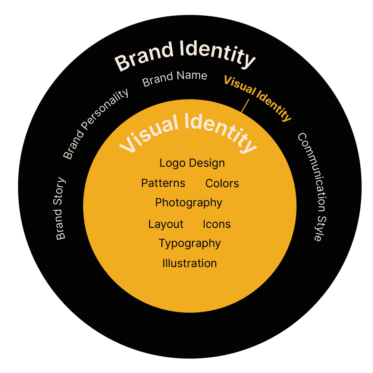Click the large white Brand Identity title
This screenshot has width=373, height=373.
point(185,55)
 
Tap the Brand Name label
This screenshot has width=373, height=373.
point(175,78)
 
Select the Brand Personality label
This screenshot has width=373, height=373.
point(96,123)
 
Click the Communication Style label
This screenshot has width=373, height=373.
point(313,186)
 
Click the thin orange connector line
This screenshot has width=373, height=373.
point(245,106)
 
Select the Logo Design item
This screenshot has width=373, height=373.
point(192,163)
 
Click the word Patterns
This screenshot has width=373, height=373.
point(163,183)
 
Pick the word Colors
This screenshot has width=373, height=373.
point(222,184)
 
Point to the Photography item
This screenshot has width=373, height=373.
point(189,203)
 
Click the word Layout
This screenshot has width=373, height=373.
point(166,224)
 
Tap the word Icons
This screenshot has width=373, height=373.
point(217,224)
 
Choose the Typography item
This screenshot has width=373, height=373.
point(190,243)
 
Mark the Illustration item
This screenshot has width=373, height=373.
point(189,263)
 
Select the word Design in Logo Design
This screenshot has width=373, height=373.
point(207,163)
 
